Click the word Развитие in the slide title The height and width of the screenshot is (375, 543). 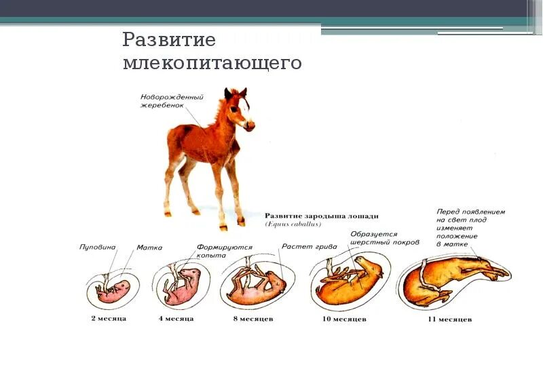[x=169, y=40]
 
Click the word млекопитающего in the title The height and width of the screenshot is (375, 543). [x=212, y=64]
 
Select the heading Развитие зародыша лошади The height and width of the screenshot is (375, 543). [x=321, y=216]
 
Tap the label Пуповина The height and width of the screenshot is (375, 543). [x=98, y=248]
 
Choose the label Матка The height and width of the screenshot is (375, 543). [x=149, y=248]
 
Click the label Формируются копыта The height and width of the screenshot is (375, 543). [x=225, y=252]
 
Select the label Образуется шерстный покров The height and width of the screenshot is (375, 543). [x=384, y=238]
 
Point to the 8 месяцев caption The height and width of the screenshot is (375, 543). [x=255, y=317]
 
